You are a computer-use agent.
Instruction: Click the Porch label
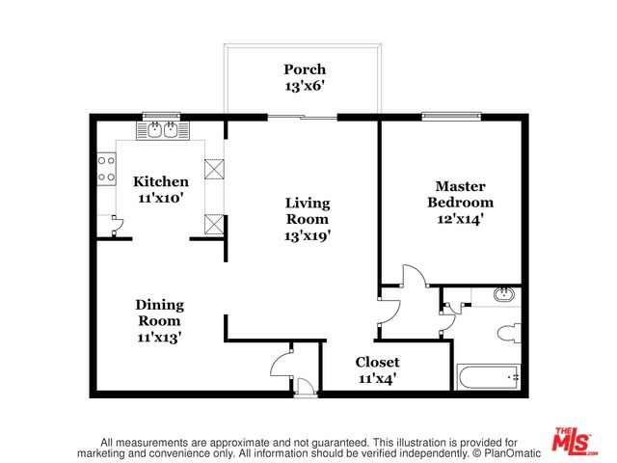click(305, 69)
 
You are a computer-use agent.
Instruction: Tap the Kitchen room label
click(161, 181)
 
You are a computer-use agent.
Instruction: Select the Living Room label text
click(308, 210)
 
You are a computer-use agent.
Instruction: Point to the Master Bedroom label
click(461, 194)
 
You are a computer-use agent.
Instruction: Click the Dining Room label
click(159, 313)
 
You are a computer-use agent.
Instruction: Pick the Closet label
click(377, 362)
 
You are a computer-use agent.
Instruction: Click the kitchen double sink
click(163, 130)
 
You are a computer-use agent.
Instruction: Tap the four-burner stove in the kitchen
click(107, 169)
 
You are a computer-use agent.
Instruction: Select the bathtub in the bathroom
click(489, 377)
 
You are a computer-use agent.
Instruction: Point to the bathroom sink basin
click(504, 294)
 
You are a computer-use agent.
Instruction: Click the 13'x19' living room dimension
click(308, 235)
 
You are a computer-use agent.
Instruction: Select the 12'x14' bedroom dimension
click(461, 219)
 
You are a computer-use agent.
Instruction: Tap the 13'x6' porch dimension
click(305, 86)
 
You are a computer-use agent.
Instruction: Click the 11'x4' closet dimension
click(377, 378)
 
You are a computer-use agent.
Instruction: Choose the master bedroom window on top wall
click(451, 116)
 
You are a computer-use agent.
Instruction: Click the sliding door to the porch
click(302, 117)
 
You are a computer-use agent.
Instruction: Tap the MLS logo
click(575, 440)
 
